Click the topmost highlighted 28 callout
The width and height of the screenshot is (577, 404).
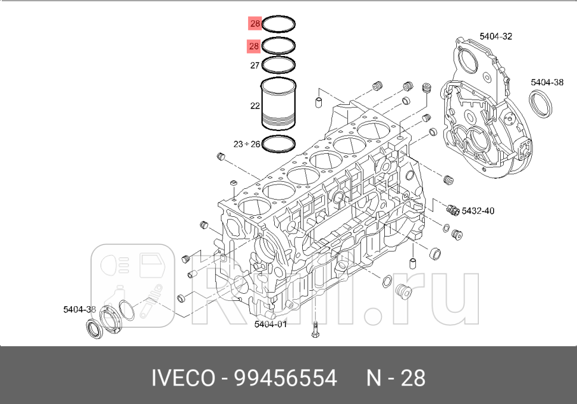pyautogui.click(x=255, y=24)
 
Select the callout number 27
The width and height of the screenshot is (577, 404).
pyautogui.click(x=255, y=65)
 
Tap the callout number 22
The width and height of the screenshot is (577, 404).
pyautogui.click(x=255, y=106)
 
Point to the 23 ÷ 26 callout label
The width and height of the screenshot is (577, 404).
pyautogui.click(x=246, y=144)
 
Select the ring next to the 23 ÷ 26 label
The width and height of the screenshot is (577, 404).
pyautogui.click(x=280, y=143)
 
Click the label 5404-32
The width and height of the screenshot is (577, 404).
pyautogui.click(x=496, y=36)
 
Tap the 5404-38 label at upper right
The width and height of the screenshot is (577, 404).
pyautogui.click(x=547, y=82)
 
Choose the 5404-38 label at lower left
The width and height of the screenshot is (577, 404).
pyautogui.click(x=79, y=309)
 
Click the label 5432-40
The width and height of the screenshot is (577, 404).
pyautogui.click(x=478, y=210)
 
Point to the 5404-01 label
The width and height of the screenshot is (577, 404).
pyautogui.click(x=270, y=324)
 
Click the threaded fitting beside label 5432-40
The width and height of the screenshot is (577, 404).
pyautogui.click(x=452, y=209)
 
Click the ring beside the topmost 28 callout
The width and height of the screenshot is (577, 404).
pyautogui.click(x=280, y=25)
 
